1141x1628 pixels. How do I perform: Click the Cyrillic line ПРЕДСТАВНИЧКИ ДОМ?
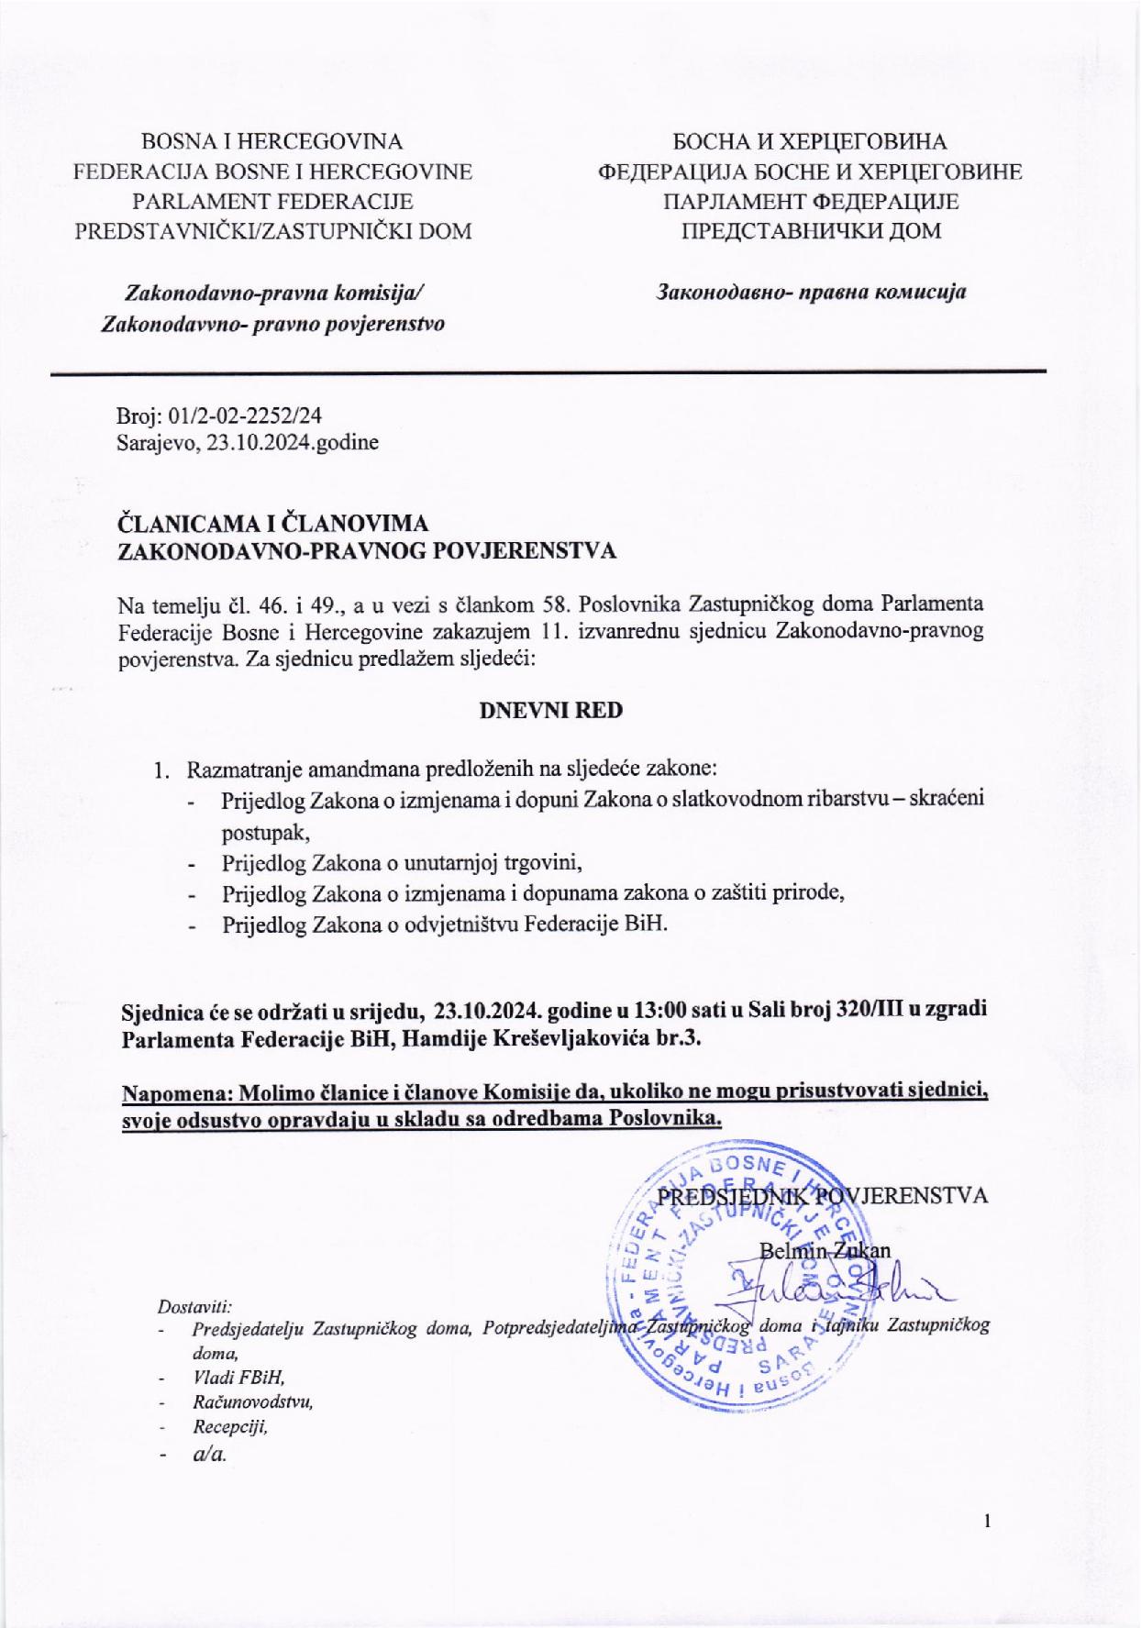click(810, 230)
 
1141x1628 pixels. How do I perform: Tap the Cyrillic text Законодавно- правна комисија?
click(810, 293)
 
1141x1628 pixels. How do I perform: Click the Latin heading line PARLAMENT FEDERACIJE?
click(272, 201)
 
